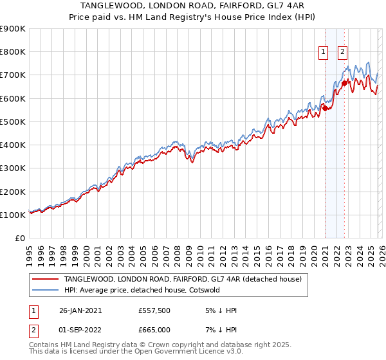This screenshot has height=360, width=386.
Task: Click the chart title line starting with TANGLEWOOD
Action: pos(192,6)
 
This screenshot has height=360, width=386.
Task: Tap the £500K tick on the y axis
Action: pos(13,122)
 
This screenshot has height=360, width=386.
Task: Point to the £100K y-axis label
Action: pos(13,215)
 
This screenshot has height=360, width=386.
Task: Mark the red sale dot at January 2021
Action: pos(326,108)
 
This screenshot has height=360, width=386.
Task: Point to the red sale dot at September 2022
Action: pos(344,83)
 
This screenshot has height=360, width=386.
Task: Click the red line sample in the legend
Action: pos(46,279)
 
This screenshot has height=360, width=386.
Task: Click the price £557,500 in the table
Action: pos(154,310)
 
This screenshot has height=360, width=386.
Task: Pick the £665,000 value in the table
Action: pos(154,330)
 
